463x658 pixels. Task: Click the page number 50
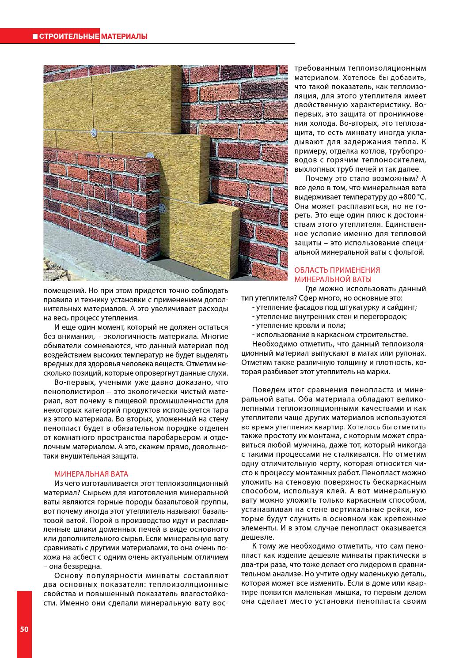[24, 629]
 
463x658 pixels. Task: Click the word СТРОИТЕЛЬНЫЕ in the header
[68, 37]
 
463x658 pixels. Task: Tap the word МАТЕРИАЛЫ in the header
[124, 37]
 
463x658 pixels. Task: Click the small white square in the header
[35, 37]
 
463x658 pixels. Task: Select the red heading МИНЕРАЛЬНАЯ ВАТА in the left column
[91, 474]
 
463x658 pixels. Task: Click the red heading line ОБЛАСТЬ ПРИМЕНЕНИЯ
[337, 270]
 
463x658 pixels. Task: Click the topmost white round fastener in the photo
[93, 132]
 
